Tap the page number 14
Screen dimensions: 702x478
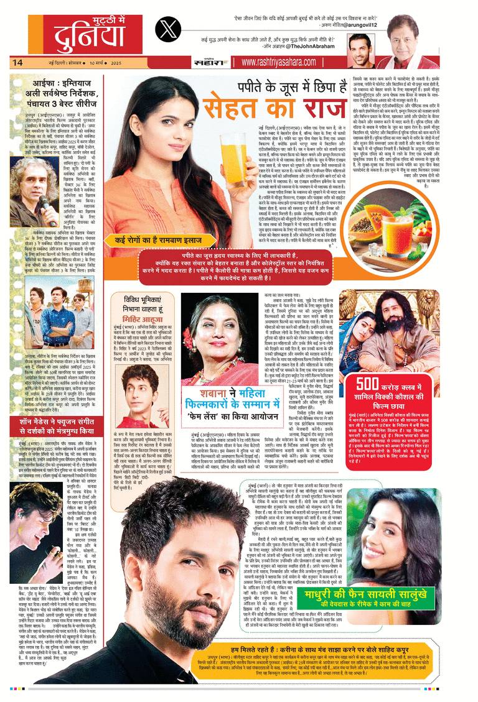(17, 62)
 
